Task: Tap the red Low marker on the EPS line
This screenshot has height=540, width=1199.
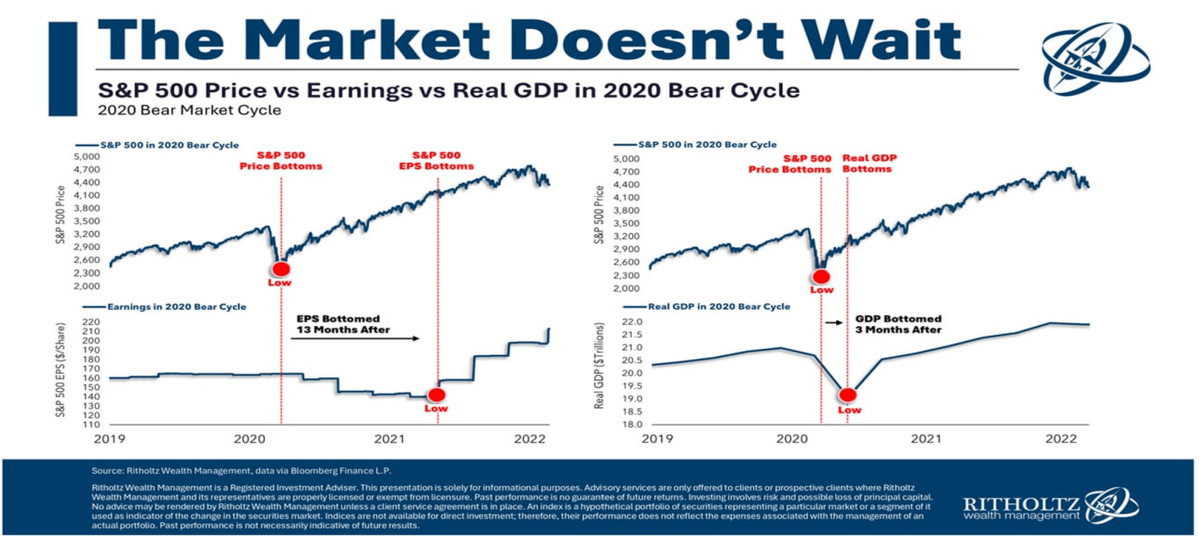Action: tap(436, 395)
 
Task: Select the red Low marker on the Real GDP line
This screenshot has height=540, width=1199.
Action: tap(848, 396)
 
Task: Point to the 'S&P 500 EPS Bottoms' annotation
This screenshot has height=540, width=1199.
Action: tap(437, 161)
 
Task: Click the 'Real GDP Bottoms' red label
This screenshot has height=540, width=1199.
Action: tap(870, 163)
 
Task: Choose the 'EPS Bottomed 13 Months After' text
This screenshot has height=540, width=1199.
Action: tap(338, 325)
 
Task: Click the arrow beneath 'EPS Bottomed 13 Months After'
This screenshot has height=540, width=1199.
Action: tap(360, 339)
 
